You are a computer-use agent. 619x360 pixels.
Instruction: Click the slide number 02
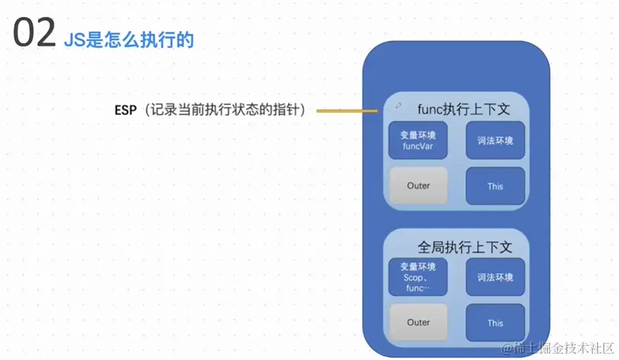click(x=35, y=32)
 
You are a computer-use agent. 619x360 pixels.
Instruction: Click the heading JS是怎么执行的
click(x=128, y=40)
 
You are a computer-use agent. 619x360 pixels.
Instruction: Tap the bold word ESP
click(x=126, y=110)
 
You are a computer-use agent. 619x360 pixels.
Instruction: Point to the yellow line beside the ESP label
click(x=347, y=111)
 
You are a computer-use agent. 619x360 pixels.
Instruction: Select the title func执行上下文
click(x=464, y=109)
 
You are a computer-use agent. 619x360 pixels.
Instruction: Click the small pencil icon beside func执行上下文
click(x=398, y=105)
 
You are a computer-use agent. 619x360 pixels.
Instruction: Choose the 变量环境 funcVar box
click(x=418, y=140)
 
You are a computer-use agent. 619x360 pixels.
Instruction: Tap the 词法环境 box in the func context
click(x=495, y=140)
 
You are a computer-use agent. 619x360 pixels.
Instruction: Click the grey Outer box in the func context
click(x=419, y=186)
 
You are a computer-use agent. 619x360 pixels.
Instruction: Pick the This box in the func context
click(x=495, y=186)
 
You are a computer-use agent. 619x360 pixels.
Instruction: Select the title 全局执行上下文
click(x=465, y=247)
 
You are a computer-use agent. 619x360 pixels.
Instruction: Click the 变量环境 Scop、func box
click(x=418, y=277)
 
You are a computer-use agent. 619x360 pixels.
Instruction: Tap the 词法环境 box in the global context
click(x=495, y=277)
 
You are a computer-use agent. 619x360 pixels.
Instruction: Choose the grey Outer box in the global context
click(x=419, y=322)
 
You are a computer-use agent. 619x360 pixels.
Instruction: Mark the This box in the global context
click(x=495, y=323)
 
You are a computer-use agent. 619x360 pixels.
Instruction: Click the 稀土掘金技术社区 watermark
click(x=558, y=348)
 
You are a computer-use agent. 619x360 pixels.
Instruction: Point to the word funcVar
click(x=418, y=146)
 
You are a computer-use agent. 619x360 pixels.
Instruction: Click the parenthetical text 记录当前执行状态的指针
click(x=225, y=109)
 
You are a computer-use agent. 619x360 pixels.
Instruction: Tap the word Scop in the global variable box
click(x=413, y=277)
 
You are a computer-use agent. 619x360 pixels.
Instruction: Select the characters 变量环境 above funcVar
click(x=418, y=135)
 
